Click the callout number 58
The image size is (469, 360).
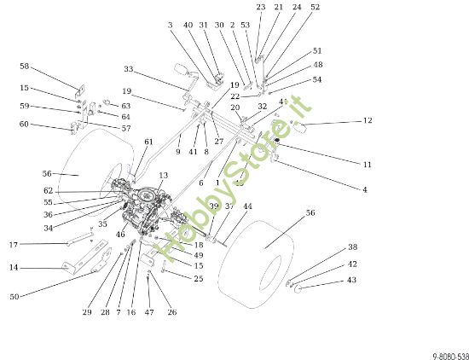click(24, 66)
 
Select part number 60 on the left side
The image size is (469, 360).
click(24, 125)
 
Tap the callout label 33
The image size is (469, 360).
click(129, 69)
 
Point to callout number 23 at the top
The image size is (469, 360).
click(261, 7)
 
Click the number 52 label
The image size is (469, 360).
click(316, 7)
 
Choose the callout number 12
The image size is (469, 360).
click(368, 120)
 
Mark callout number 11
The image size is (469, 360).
click(368, 164)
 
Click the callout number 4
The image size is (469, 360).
click(365, 189)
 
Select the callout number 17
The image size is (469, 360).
click(14, 245)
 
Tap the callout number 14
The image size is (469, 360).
click(14, 268)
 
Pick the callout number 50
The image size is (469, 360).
click(14, 296)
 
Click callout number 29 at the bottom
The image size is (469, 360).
click(87, 313)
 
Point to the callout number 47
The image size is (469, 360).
click(149, 313)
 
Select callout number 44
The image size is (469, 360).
click(248, 206)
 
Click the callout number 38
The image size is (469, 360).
click(352, 247)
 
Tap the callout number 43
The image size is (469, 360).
click(352, 281)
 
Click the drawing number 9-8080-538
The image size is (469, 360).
click(444, 351)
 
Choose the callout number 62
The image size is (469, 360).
click(48, 190)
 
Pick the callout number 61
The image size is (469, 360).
click(148, 142)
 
